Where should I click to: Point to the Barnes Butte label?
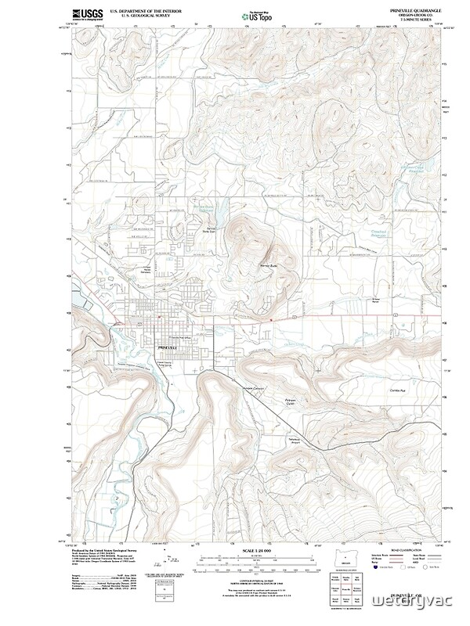point(270,266)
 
